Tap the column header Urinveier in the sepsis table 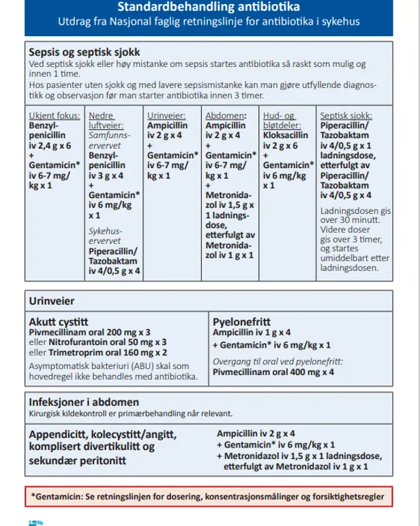(x=166, y=116)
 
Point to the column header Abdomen (x=224, y=116)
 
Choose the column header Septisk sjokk (x=347, y=116)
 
